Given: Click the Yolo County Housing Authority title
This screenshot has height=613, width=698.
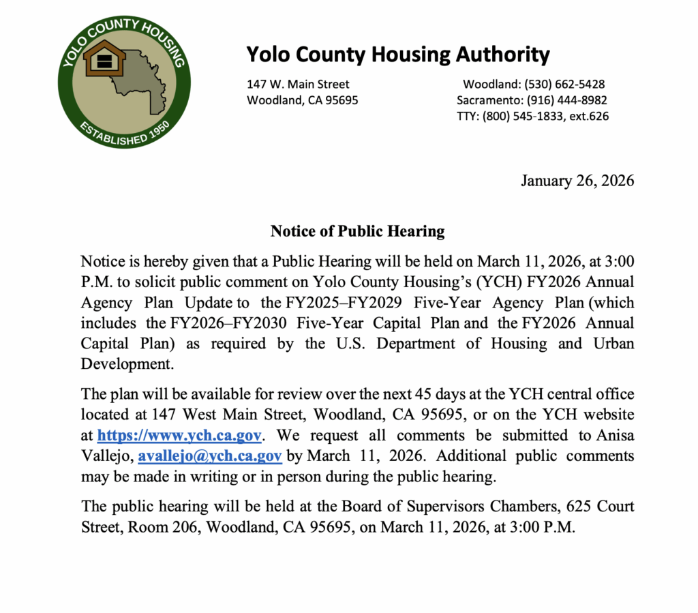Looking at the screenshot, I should point(397,54).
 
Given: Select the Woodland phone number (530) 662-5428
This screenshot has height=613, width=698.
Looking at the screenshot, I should point(564,85).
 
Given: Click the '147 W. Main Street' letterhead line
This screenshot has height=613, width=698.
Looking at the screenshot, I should point(298,85).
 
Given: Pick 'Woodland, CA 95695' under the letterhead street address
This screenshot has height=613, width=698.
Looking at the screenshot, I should point(302,100).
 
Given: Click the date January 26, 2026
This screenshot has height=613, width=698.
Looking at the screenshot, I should point(577,181).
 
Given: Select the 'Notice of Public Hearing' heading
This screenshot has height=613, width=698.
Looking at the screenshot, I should point(357,231).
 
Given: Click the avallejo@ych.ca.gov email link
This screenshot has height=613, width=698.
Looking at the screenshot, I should point(210,455).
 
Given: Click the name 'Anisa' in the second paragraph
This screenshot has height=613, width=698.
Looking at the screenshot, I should point(615,435).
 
